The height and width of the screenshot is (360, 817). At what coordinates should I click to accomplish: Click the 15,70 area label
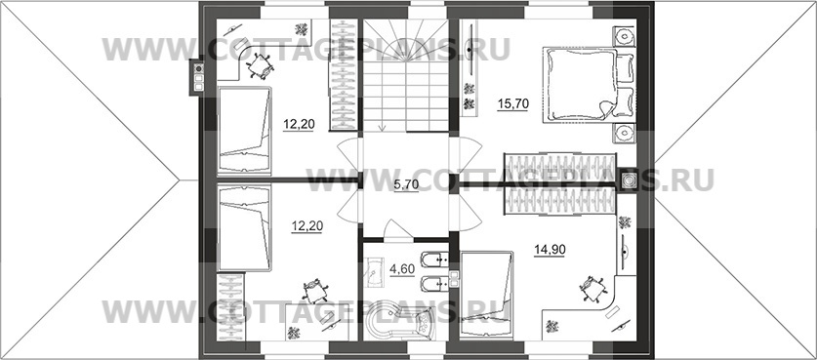(x=513, y=104)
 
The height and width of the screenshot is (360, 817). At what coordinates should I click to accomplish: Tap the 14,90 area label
(x=550, y=250)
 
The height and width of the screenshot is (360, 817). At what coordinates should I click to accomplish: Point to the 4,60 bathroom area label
(x=402, y=269)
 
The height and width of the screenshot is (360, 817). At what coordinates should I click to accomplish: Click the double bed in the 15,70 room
(x=589, y=85)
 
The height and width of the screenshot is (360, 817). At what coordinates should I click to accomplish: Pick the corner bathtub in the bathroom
(x=399, y=323)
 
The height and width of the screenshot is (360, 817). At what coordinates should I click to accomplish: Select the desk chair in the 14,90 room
(x=592, y=288)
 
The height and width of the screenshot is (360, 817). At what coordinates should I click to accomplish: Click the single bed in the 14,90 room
(x=487, y=294)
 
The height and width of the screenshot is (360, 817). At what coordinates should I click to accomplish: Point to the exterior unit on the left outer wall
(x=197, y=77)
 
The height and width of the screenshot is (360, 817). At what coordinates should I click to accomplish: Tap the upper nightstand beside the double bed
(x=624, y=36)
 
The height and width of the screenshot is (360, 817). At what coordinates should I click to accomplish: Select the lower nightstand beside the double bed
(x=624, y=134)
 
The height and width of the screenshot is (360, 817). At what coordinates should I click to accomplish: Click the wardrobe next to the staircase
(x=344, y=74)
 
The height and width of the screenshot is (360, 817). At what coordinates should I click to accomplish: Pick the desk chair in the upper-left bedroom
(x=260, y=66)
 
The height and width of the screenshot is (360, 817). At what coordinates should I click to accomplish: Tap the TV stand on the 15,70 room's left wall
(x=470, y=65)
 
